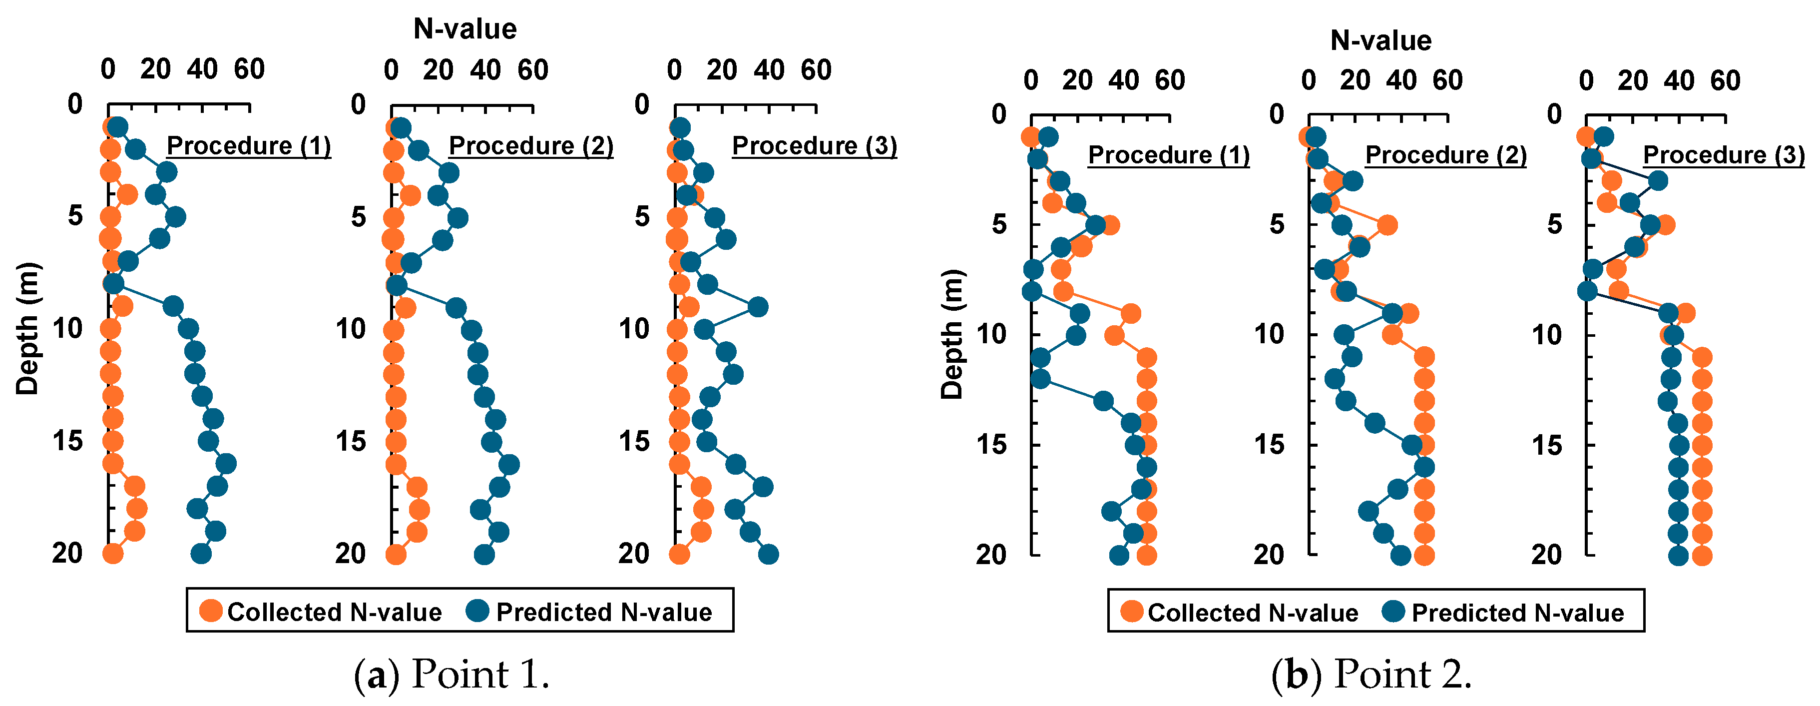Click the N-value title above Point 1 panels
point(465,29)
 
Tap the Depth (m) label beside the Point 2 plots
point(952,334)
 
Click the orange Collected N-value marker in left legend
point(211,611)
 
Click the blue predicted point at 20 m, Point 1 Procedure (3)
point(769,555)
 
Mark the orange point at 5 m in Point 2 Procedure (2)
point(1387,225)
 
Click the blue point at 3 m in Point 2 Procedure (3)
point(1658,181)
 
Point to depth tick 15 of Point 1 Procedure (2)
point(351,442)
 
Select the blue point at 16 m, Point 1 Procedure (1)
point(226,464)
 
